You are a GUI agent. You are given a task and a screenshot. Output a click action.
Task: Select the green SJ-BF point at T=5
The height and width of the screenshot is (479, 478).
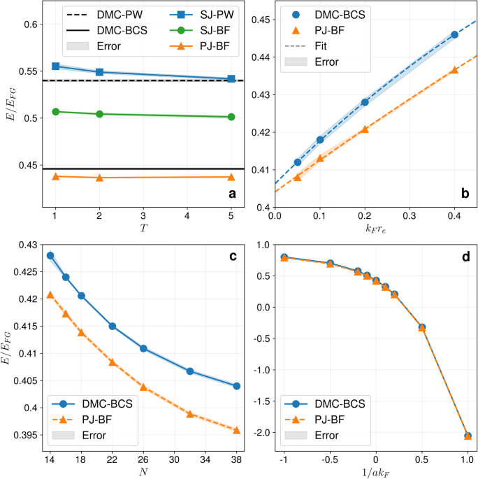[x=231, y=117]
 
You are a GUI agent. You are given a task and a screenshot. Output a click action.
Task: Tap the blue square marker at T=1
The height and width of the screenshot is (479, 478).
[x=56, y=66]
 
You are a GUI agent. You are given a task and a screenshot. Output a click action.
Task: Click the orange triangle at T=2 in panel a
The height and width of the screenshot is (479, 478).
[x=99, y=178]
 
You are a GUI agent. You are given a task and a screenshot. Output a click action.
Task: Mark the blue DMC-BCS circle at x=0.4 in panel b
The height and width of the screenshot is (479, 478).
[x=454, y=34]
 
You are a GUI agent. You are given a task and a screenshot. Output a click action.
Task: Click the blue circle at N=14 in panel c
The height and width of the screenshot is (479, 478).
[x=50, y=256]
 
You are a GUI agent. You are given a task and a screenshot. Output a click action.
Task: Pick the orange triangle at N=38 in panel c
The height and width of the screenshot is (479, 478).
[x=236, y=430]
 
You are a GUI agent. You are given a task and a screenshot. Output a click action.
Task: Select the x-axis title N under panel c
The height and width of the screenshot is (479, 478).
[x=143, y=472]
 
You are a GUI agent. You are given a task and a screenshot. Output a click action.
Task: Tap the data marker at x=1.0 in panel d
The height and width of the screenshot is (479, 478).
[x=468, y=436]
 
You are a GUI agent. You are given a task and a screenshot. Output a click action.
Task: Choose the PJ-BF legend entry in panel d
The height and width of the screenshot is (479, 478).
[x=327, y=420]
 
